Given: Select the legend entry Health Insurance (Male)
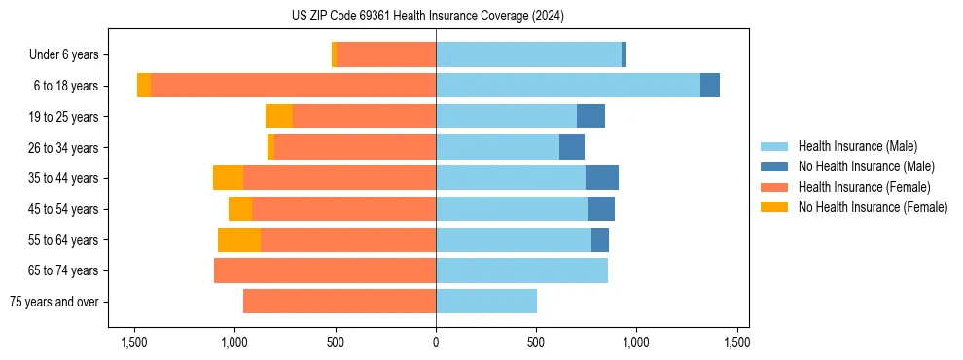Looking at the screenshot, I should [x=856, y=146].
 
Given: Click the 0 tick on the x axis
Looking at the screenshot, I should [x=436, y=342].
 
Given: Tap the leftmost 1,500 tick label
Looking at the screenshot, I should [x=134, y=342].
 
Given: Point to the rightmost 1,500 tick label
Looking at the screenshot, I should [x=736, y=342].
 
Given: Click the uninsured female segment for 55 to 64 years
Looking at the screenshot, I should [x=239, y=240].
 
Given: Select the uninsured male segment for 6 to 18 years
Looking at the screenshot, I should [x=710, y=86].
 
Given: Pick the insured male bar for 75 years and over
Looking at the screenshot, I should [x=486, y=302].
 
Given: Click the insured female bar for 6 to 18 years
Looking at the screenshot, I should [x=293, y=86].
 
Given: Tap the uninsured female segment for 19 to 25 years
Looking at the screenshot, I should [x=279, y=117].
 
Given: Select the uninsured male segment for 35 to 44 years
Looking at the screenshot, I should [x=602, y=178].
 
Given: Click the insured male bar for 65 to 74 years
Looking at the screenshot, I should [x=521, y=270].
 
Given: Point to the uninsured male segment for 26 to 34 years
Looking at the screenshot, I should [x=572, y=147].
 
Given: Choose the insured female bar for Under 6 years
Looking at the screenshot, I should [x=386, y=55].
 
